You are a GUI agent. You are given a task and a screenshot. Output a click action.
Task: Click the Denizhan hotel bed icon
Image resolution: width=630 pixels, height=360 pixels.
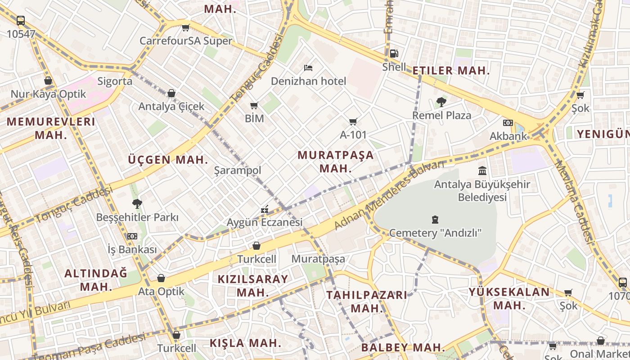tap(308, 68)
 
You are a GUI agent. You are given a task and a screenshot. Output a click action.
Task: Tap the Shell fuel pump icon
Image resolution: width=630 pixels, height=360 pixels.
tap(394, 54)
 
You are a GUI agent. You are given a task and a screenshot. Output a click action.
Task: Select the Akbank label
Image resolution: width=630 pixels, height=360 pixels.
tap(508, 135)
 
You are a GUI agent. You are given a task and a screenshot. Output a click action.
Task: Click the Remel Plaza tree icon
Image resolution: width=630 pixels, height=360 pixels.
tap(441, 102)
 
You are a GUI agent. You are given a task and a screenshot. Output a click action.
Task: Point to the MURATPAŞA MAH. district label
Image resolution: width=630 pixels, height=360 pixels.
tap(335, 162)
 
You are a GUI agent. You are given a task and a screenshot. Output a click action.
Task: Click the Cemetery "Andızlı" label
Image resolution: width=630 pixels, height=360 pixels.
tap(435, 233)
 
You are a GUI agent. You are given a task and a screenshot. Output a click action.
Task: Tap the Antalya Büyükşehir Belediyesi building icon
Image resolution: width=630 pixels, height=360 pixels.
tap(482, 171)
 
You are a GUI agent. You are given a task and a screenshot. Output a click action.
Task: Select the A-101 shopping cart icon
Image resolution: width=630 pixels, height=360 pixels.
tap(353, 121)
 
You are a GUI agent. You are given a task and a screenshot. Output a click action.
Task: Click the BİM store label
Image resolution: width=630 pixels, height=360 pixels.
tap(254, 118)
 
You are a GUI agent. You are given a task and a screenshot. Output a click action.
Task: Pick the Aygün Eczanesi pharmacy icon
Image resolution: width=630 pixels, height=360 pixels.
tap(265, 209)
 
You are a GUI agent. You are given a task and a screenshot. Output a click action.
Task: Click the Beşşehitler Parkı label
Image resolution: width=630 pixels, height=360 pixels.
tap(137, 217)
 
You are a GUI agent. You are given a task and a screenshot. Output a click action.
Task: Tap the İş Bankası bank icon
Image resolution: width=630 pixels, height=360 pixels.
tap(132, 236)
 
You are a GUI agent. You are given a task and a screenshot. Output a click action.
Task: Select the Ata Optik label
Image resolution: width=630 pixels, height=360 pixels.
tap(161, 291)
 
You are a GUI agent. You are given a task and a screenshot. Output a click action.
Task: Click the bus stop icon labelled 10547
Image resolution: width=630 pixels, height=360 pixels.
tap(21, 20)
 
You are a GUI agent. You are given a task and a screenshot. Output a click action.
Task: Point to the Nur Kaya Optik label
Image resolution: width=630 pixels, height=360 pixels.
tap(48, 94)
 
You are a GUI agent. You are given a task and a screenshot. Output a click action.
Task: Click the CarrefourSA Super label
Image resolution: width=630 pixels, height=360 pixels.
tap(186, 40)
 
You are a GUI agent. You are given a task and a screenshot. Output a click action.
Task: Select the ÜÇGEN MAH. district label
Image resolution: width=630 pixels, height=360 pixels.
tap(168, 159)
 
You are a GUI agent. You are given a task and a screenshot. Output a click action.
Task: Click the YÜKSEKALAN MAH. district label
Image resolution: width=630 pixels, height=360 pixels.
tap(509, 298)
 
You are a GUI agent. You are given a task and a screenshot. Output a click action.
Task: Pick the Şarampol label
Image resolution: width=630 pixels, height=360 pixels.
tap(238, 170)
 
